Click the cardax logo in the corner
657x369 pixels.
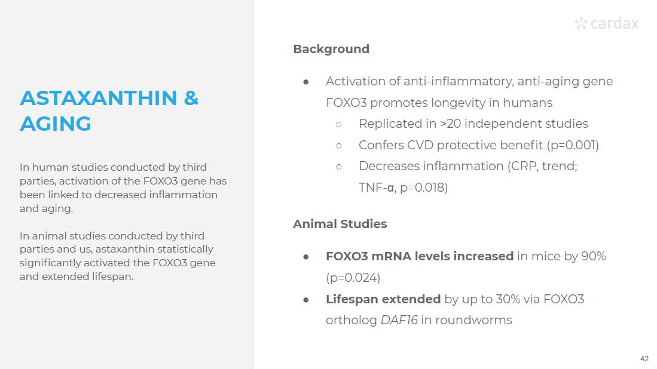point(607,23)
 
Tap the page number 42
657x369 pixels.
point(644,358)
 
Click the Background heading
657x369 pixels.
point(331,50)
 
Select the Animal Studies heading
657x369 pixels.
point(340,224)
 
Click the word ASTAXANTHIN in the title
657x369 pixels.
point(99,98)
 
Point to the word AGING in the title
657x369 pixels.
point(56,124)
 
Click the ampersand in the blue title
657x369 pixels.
point(191,98)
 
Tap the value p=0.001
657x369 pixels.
point(573,145)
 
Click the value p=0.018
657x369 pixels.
point(422,187)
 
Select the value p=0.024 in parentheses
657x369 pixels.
point(353,278)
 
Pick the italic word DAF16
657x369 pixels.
point(399,320)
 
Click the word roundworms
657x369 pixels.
point(473,320)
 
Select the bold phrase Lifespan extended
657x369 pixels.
point(383,299)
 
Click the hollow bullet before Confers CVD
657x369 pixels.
point(339,146)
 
